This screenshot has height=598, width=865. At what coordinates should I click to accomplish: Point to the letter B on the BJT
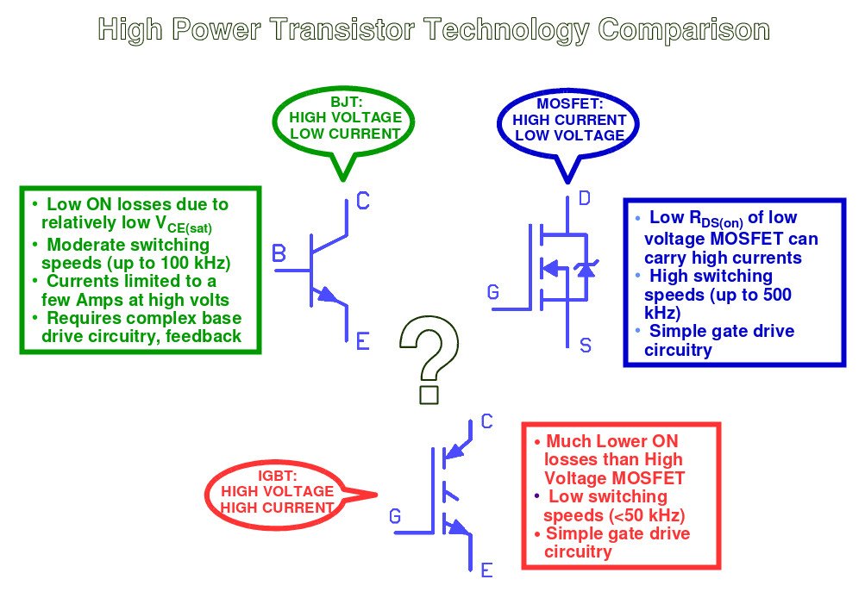click(x=279, y=254)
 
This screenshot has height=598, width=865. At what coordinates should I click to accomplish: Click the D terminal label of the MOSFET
click(x=585, y=201)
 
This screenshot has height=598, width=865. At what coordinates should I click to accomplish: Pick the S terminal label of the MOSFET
click(x=586, y=346)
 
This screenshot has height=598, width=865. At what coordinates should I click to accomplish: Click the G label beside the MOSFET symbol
click(x=493, y=293)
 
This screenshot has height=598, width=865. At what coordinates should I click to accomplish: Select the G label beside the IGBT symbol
click(x=395, y=517)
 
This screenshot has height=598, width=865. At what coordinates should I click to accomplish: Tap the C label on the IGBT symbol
click(x=486, y=421)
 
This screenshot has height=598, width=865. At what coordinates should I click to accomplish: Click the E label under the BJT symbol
click(x=363, y=342)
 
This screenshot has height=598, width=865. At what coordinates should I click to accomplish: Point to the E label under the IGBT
click(x=486, y=570)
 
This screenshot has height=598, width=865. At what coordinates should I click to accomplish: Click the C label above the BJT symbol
click(x=363, y=202)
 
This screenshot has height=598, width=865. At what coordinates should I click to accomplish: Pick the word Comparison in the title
click(x=684, y=30)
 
